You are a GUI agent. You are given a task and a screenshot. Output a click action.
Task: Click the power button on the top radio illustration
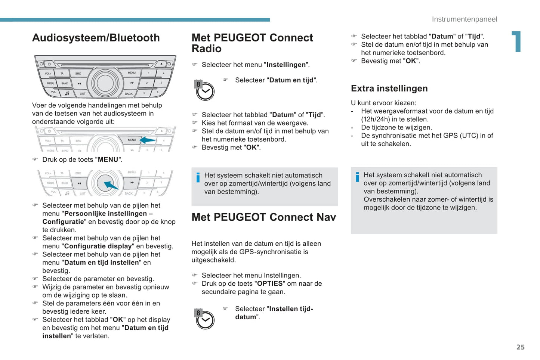point(49,64)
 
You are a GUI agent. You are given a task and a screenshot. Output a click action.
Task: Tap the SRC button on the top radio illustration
point(78,74)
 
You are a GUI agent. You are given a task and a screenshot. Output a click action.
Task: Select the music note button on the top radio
point(67,93)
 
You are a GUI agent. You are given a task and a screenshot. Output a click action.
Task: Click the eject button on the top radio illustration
point(161,64)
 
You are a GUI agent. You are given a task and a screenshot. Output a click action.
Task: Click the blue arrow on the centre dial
point(111,185)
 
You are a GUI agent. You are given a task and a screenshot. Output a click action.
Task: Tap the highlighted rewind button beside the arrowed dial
point(80,183)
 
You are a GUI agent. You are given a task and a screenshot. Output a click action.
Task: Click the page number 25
point(520,347)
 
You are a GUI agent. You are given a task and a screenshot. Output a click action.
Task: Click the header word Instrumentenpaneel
point(464,19)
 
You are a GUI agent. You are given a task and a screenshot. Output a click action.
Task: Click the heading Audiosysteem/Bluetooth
point(96,38)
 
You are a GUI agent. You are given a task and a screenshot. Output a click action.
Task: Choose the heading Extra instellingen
point(389,89)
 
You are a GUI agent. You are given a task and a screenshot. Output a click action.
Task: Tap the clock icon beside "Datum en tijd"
point(205,91)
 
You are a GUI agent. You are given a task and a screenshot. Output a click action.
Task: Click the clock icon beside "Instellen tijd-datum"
point(205,319)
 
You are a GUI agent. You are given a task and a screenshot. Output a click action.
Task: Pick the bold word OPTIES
point(270,283)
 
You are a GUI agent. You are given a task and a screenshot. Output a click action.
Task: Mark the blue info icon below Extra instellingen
point(357,177)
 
